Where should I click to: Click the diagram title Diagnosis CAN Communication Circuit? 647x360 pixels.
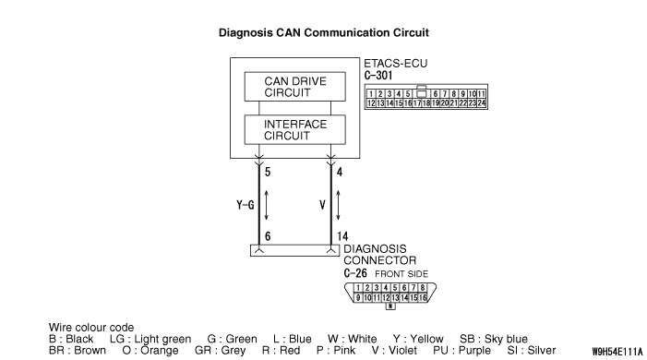point(323,32)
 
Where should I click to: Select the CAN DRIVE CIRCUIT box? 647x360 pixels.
point(295,87)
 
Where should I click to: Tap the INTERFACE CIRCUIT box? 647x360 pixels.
point(295,129)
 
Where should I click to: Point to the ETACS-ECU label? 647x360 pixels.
point(395,64)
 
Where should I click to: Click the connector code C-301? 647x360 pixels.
point(378,76)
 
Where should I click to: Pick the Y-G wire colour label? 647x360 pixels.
point(246,205)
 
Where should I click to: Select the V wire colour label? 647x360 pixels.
point(323,205)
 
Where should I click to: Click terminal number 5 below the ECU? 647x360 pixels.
point(268,173)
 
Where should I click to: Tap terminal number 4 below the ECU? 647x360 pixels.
point(340,173)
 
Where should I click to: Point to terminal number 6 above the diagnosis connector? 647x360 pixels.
point(268,236)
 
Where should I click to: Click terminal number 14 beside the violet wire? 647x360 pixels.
point(342,236)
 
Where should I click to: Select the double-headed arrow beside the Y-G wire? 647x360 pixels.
point(267,205)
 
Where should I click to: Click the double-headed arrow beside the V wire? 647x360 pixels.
point(339,205)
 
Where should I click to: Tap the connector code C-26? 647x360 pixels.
point(355,273)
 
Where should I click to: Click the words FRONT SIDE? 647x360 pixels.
point(401,274)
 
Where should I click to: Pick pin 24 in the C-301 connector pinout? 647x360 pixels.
point(482,103)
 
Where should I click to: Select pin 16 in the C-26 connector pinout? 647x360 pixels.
point(423,297)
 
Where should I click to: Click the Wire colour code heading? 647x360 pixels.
point(91,328)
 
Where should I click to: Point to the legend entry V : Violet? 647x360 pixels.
point(394,351)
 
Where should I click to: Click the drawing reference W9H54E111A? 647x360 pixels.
point(617,352)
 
